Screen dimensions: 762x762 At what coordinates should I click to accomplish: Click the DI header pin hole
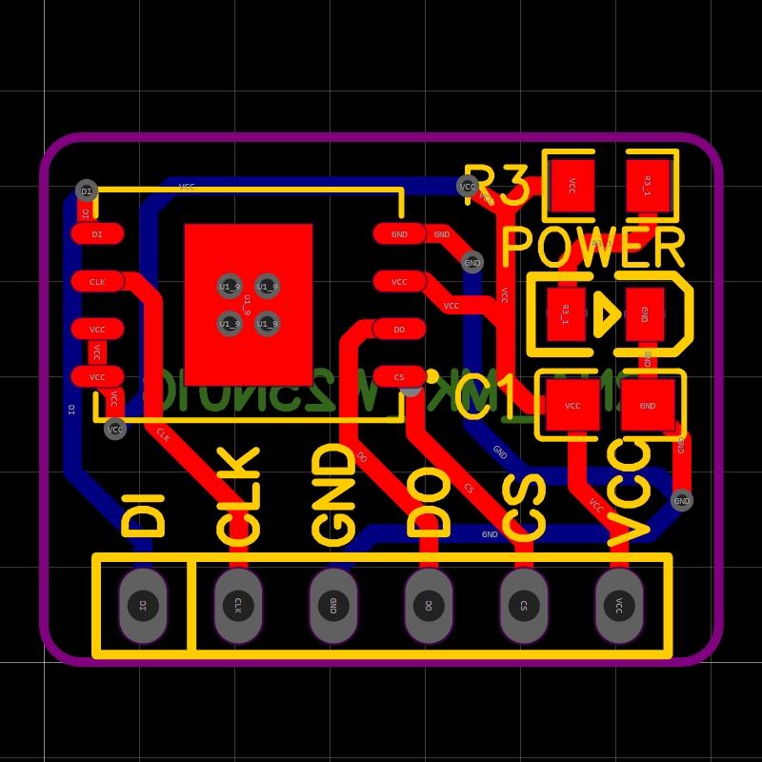coord(143,605)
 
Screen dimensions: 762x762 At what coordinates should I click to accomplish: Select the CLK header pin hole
coord(238,605)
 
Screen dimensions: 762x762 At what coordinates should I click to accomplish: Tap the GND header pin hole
coord(333,605)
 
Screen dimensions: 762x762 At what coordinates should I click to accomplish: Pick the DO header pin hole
coord(429,605)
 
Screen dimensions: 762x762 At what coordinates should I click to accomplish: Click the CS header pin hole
coord(524,605)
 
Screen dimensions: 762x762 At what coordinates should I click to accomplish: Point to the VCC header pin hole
coord(619,605)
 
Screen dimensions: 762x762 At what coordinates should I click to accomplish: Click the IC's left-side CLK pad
coord(97,282)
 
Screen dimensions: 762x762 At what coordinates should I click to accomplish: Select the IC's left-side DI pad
coord(97,234)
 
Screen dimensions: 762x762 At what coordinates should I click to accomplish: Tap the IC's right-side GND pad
coord(399,234)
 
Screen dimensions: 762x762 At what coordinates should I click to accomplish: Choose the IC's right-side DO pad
coord(399,330)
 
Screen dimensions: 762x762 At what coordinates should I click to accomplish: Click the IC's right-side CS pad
coord(399,377)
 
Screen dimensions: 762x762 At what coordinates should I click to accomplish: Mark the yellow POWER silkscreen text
coord(592,248)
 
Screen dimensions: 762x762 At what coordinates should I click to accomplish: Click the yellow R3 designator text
coord(495,186)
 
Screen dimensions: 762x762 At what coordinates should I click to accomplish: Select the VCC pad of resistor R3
coord(571,186)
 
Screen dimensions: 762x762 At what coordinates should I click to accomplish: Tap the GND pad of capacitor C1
coord(648,406)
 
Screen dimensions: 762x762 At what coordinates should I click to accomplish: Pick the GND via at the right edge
coord(682,500)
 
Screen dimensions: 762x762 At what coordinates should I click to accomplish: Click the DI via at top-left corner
coord(87,191)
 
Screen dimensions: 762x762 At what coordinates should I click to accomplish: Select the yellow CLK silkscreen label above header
coord(238,495)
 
